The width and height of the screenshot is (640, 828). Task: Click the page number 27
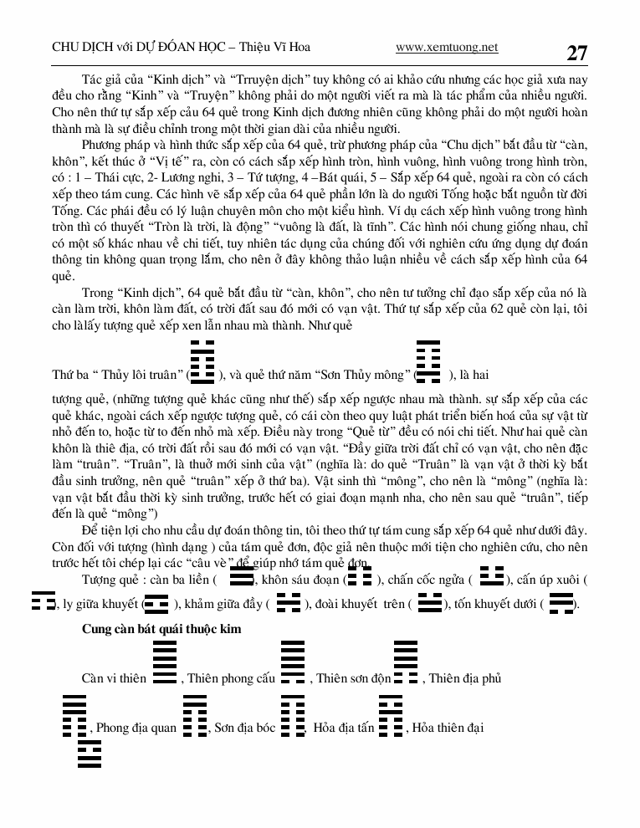click(x=576, y=53)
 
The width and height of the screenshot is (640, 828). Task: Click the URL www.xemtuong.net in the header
click(x=447, y=47)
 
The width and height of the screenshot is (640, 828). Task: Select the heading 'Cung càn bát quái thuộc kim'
click(x=161, y=629)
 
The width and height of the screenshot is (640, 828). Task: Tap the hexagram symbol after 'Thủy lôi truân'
click(x=202, y=361)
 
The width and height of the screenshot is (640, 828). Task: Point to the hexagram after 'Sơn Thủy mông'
click(x=428, y=361)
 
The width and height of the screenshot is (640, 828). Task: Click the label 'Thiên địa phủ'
click(x=464, y=678)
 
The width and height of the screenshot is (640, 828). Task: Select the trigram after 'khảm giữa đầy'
click(x=288, y=602)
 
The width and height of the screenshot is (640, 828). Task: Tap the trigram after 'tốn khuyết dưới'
click(x=562, y=602)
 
